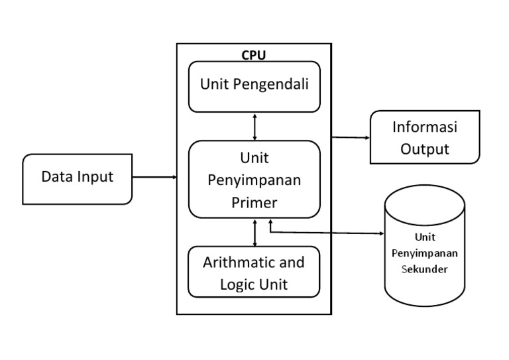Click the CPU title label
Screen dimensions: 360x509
pyautogui.click(x=254, y=55)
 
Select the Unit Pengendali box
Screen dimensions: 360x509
pyautogui.click(x=254, y=86)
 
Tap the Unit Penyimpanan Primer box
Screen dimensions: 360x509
pyautogui.click(x=254, y=180)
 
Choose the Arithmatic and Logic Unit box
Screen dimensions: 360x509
pyautogui.click(x=254, y=272)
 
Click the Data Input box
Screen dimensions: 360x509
pyautogui.click(x=78, y=178)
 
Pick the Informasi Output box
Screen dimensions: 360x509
pyautogui.click(x=424, y=137)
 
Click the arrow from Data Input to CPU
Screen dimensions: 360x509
pyautogui.click(x=154, y=177)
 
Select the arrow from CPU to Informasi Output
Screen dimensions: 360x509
pyautogui.click(x=351, y=138)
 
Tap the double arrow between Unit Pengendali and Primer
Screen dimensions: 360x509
pyautogui.click(x=255, y=126)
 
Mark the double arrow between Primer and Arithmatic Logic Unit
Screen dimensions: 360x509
pyautogui.click(x=255, y=232)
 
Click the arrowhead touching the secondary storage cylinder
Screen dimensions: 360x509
pyautogui.click(x=381, y=233)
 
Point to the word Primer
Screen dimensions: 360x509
pyautogui.click(x=254, y=203)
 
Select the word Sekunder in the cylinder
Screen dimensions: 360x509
pyautogui.click(x=425, y=269)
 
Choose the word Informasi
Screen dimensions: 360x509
pyautogui.click(x=425, y=127)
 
